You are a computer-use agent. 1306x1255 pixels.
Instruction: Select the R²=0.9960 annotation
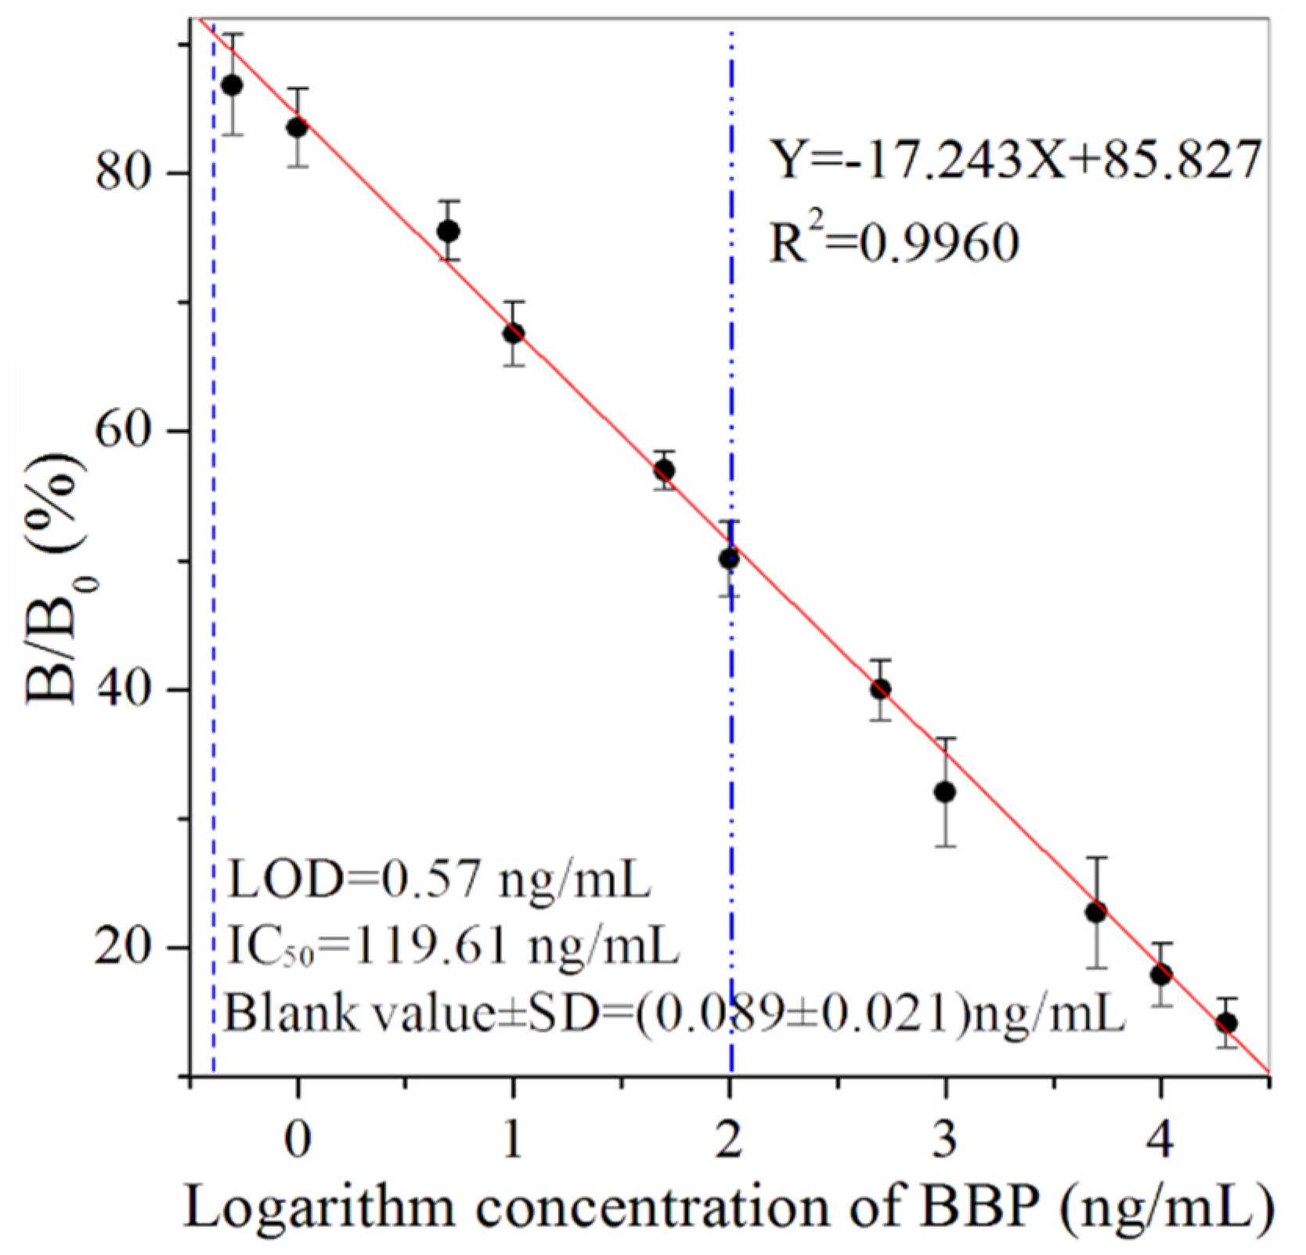coord(894,242)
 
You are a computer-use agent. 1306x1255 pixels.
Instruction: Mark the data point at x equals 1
coord(513,334)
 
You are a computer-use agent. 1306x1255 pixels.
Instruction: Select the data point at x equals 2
coord(729,558)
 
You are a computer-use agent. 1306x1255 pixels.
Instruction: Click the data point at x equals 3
coord(945,792)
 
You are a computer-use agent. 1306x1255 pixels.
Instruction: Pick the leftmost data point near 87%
coord(232,85)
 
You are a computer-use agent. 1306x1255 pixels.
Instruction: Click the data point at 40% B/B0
coord(880,689)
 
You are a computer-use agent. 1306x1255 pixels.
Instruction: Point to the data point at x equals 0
coord(297,127)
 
